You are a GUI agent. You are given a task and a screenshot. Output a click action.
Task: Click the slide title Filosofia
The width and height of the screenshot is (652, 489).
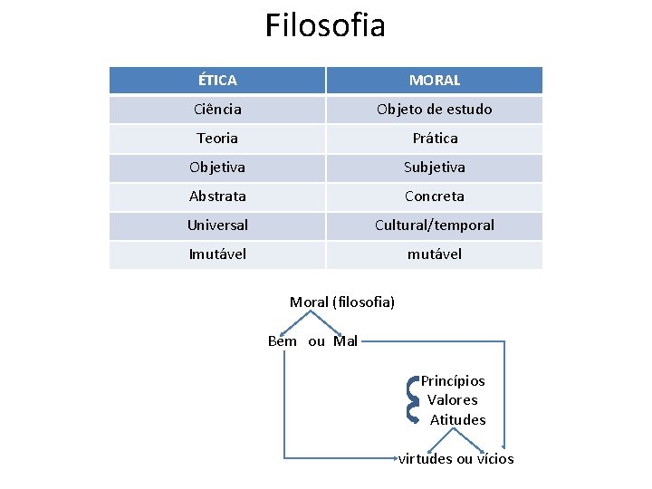(x=325, y=25)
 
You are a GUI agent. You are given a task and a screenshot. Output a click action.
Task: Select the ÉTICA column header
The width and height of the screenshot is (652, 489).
(x=217, y=81)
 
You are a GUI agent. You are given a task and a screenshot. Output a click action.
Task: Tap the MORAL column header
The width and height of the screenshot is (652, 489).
(x=435, y=81)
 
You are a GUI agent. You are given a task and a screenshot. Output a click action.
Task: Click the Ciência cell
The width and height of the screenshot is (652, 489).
(x=217, y=110)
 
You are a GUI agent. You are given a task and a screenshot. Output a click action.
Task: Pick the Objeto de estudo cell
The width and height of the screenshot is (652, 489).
(x=435, y=110)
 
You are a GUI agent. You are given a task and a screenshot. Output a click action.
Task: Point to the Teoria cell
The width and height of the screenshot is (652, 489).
(x=217, y=139)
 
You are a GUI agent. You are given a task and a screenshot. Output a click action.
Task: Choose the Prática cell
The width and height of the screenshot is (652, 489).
(x=435, y=139)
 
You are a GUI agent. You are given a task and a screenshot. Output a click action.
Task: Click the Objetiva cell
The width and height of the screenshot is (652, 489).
(x=217, y=168)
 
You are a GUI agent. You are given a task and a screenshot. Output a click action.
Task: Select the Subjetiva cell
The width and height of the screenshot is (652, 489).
(x=435, y=168)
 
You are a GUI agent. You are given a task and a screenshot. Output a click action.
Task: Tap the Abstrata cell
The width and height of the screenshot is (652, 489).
(x=217, y=197)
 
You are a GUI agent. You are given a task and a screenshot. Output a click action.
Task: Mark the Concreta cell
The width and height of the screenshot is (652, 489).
(x=435, y=197)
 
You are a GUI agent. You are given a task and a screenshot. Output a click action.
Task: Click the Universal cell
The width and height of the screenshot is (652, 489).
(x=217, y=225)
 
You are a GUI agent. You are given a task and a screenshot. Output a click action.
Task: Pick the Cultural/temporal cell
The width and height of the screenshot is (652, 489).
(x=435, y=225)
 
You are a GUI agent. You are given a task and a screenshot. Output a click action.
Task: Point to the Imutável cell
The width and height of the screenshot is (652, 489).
(x=217, y=254)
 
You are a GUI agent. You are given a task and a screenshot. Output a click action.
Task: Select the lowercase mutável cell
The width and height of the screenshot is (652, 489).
(x=435, y=254)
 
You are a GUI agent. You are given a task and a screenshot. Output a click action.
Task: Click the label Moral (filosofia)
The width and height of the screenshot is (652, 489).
(x=342, y=302)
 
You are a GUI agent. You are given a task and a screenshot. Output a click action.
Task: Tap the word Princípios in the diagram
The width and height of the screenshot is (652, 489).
(x=453, y=381)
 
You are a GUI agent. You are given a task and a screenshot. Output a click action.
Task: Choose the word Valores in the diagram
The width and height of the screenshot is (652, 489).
(x=453, y=400)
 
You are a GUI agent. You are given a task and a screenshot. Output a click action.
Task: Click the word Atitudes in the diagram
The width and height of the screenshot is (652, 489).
(x=457, y=420)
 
